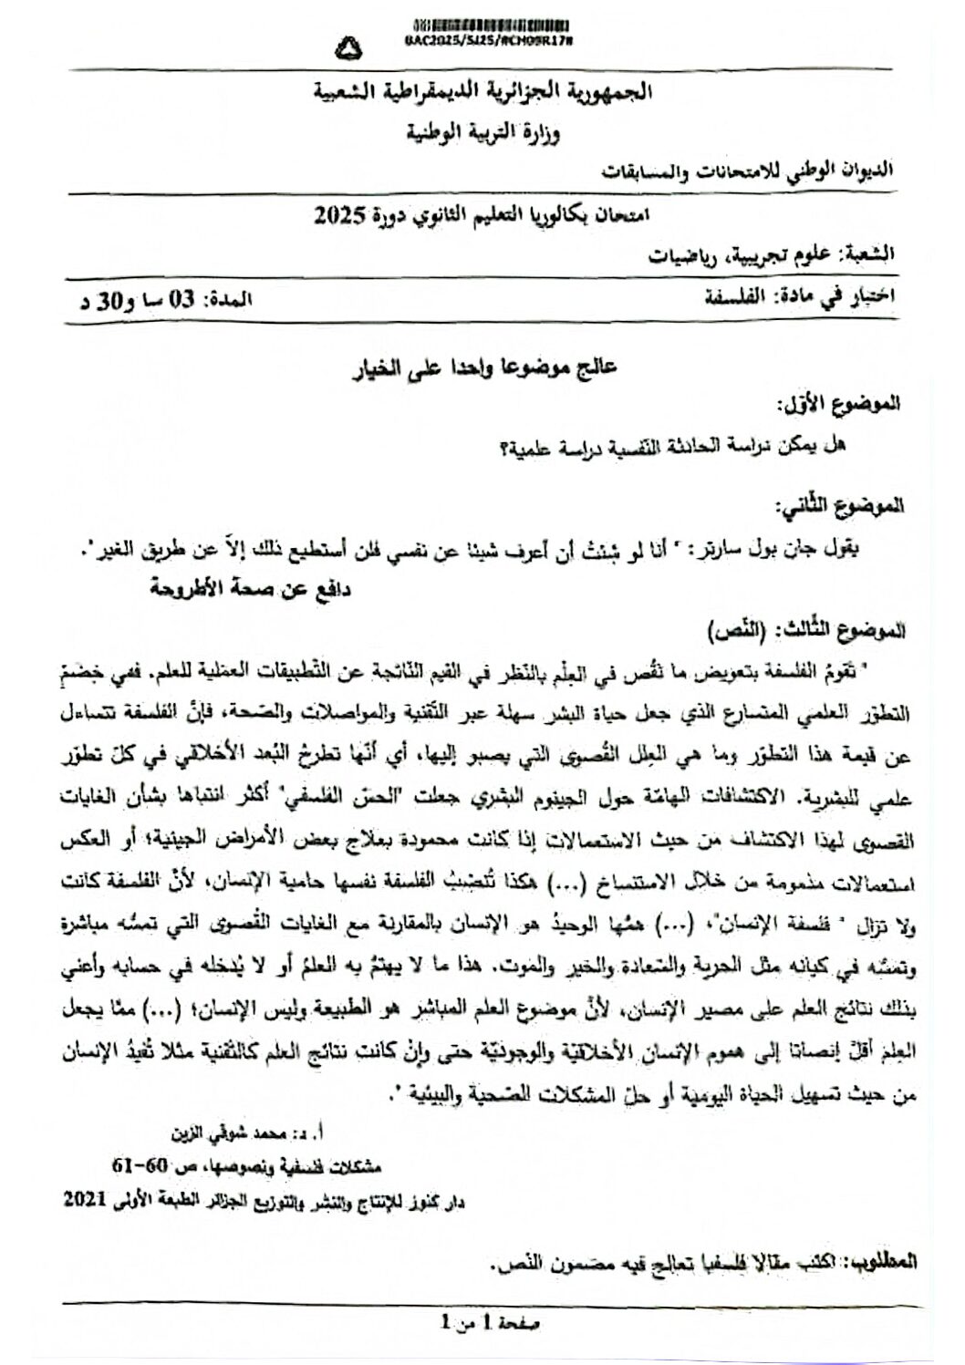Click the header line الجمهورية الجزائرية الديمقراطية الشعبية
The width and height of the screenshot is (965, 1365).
pos(484,91)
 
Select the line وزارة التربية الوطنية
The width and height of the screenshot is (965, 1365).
pos(482,133)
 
